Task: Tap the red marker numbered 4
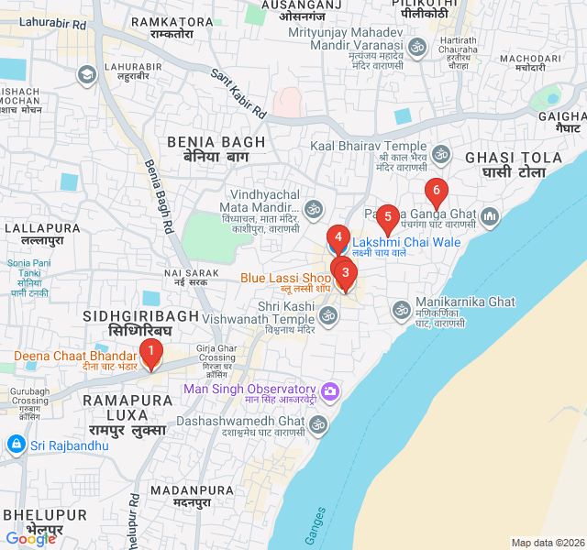coord(338,238)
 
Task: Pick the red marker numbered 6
coord(436,193)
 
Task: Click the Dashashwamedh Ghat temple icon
coord(317,424)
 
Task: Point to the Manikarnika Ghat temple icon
coord(400,311)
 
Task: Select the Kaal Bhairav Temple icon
coord(440,154)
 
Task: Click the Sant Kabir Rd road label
coord(238,95)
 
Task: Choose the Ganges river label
coord(315,526)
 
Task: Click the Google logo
coord(31,539)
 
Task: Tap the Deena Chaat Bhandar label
coord(74,357)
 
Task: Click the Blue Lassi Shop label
coord(285,278)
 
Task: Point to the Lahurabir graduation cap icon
coord(87,74)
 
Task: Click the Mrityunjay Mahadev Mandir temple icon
coord(417,47)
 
